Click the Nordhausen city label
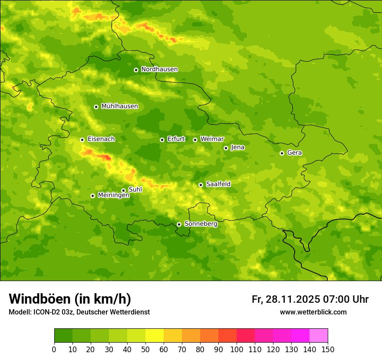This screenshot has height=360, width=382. pos(159,69)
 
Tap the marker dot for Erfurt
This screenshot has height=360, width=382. pos(162,140)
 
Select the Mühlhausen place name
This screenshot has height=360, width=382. pos(119,106)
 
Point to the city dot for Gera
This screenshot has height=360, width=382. pos(282,153)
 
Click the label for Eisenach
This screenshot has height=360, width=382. pos(101,139)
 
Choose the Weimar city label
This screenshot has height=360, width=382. pos(212,139)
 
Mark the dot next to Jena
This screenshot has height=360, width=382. pos(226,148)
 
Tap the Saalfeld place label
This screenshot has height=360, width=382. pos(218,184)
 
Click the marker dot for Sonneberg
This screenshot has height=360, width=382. pos(179,224)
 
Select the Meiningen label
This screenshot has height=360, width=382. pos(113,196)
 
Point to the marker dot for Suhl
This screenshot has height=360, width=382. pos(123,190)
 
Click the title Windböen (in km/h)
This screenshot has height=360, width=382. pos(69,299)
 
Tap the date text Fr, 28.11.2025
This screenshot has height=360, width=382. pos(285,299)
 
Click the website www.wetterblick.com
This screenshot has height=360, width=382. pos(313,312)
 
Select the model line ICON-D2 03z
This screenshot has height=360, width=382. pos(79,312)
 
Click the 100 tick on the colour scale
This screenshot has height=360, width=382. pos(237,349)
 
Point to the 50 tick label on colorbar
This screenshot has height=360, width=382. pos(145,349)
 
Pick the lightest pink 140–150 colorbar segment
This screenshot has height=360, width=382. pos(319,335)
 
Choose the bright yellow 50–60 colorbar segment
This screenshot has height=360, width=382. pos(155,335)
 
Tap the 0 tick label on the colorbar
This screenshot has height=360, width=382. pos(54,349)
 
